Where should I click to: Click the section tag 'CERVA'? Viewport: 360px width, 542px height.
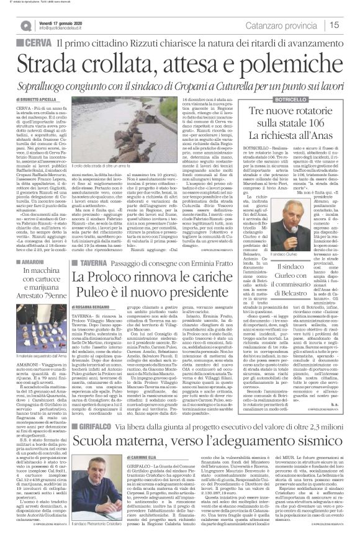coord(38,43)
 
